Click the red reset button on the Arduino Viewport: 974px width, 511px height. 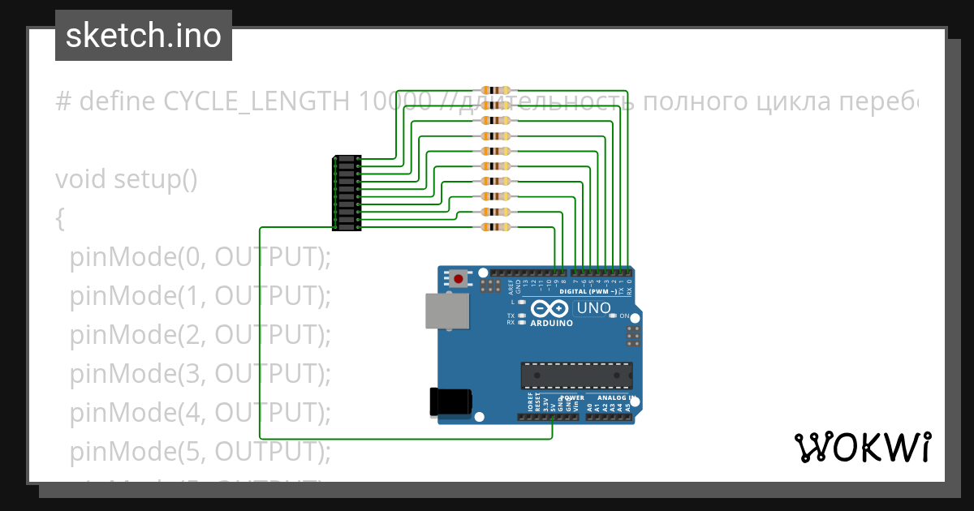tap(459, 280)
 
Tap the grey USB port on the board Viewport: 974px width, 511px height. tap(447, 311)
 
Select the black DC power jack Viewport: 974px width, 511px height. tap(451, 402)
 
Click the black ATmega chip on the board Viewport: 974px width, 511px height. tap(576, 376)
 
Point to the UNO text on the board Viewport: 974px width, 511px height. tap(593, 308)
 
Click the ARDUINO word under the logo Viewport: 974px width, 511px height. tap(552, 323)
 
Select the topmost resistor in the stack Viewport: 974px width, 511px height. tap(495, 90)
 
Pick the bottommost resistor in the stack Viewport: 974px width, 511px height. tap(495, 226)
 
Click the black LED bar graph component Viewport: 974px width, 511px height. tap(347, 193)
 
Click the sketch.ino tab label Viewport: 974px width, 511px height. tap(144, 36)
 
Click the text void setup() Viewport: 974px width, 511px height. tap(126, 178)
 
